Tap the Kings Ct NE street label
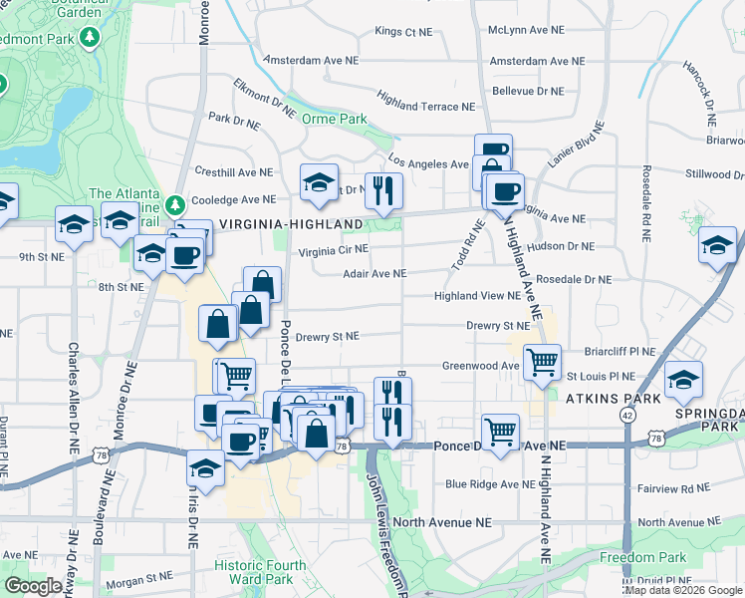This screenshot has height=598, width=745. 403,32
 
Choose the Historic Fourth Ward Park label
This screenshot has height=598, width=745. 260,572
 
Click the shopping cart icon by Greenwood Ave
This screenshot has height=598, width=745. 542,362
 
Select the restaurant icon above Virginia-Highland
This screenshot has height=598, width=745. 382,189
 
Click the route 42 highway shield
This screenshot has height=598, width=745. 626,414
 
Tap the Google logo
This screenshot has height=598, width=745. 33,586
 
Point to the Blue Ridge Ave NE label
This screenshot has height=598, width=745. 490,484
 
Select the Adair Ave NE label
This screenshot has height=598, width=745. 373,273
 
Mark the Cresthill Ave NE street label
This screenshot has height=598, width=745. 233,171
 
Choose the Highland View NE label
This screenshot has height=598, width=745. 477,296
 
